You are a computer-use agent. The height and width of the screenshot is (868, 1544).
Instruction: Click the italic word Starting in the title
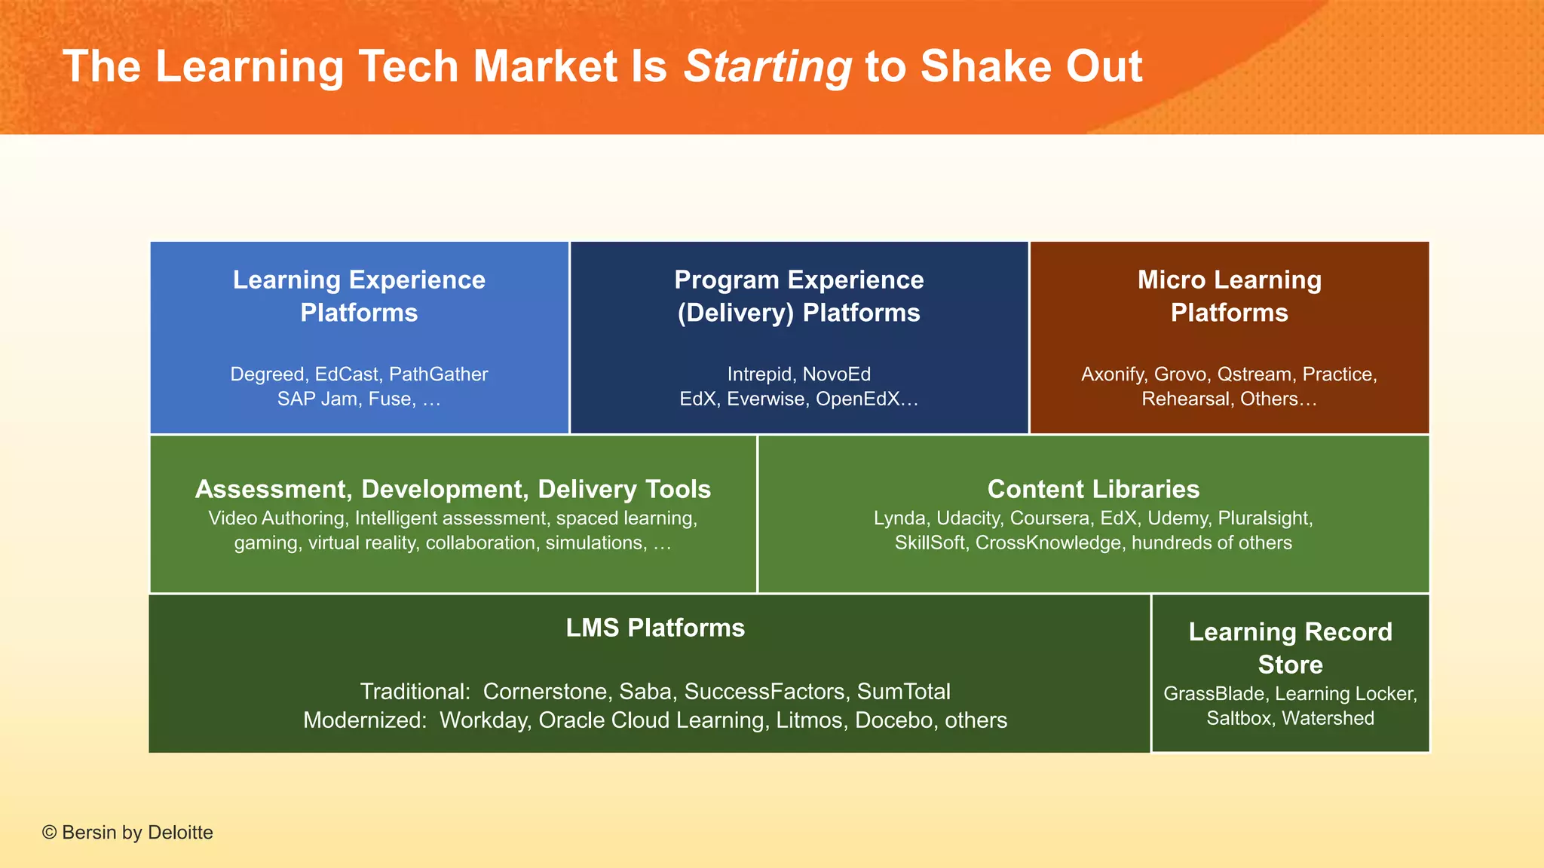[767, 66]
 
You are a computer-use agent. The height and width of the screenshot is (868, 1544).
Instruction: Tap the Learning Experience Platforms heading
[359, 296]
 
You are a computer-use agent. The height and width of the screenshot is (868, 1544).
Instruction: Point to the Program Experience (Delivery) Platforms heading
[798, 296]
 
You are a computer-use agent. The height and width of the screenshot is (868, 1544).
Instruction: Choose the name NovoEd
[836, 374]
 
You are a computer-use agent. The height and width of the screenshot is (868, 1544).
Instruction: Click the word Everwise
[765, 399]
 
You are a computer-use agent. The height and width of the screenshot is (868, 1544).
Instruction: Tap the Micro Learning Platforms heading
[1229, 296]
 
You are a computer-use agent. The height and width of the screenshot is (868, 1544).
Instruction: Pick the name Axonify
[1114, 374]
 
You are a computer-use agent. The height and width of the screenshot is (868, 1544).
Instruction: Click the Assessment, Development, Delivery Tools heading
[452, 489]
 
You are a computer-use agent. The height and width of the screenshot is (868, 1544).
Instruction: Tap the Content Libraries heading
[1093, 489]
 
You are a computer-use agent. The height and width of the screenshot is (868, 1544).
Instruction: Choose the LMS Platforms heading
[655, 628]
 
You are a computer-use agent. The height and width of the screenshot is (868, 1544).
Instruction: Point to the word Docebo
[893, 720]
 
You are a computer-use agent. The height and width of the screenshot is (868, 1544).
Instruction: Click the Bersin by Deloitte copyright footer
[128, 833]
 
